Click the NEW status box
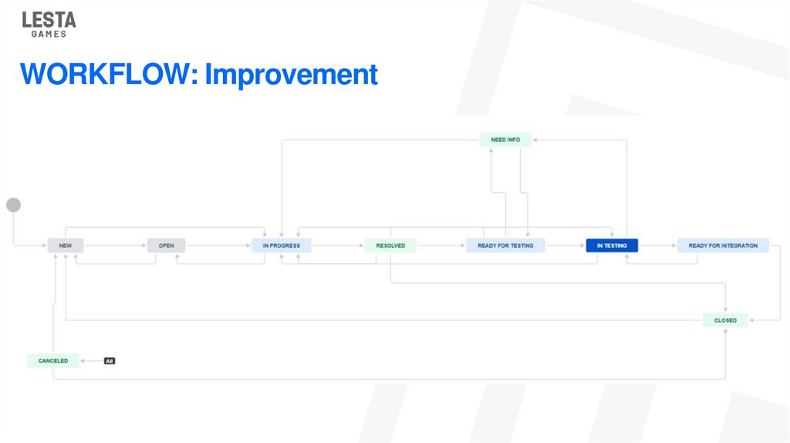[66, 245]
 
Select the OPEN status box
[167, 245]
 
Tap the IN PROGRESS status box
[281, 245]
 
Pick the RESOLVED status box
[390, 245]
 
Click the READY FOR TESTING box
[505, 245]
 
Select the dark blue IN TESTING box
[612, 245]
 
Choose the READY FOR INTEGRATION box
[723, 245]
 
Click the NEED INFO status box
[505, 140]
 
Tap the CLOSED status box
[725, 320]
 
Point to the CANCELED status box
[53, 360]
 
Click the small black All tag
[110, 360]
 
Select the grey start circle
[13, 205]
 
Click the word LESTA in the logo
[49, 20]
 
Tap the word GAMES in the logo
[49, 34]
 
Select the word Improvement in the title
[291, 75]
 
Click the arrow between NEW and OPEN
[116, 245]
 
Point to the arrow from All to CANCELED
[92, 360]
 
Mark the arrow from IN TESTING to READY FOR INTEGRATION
[658, 245]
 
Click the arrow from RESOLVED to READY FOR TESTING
[441, 245]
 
